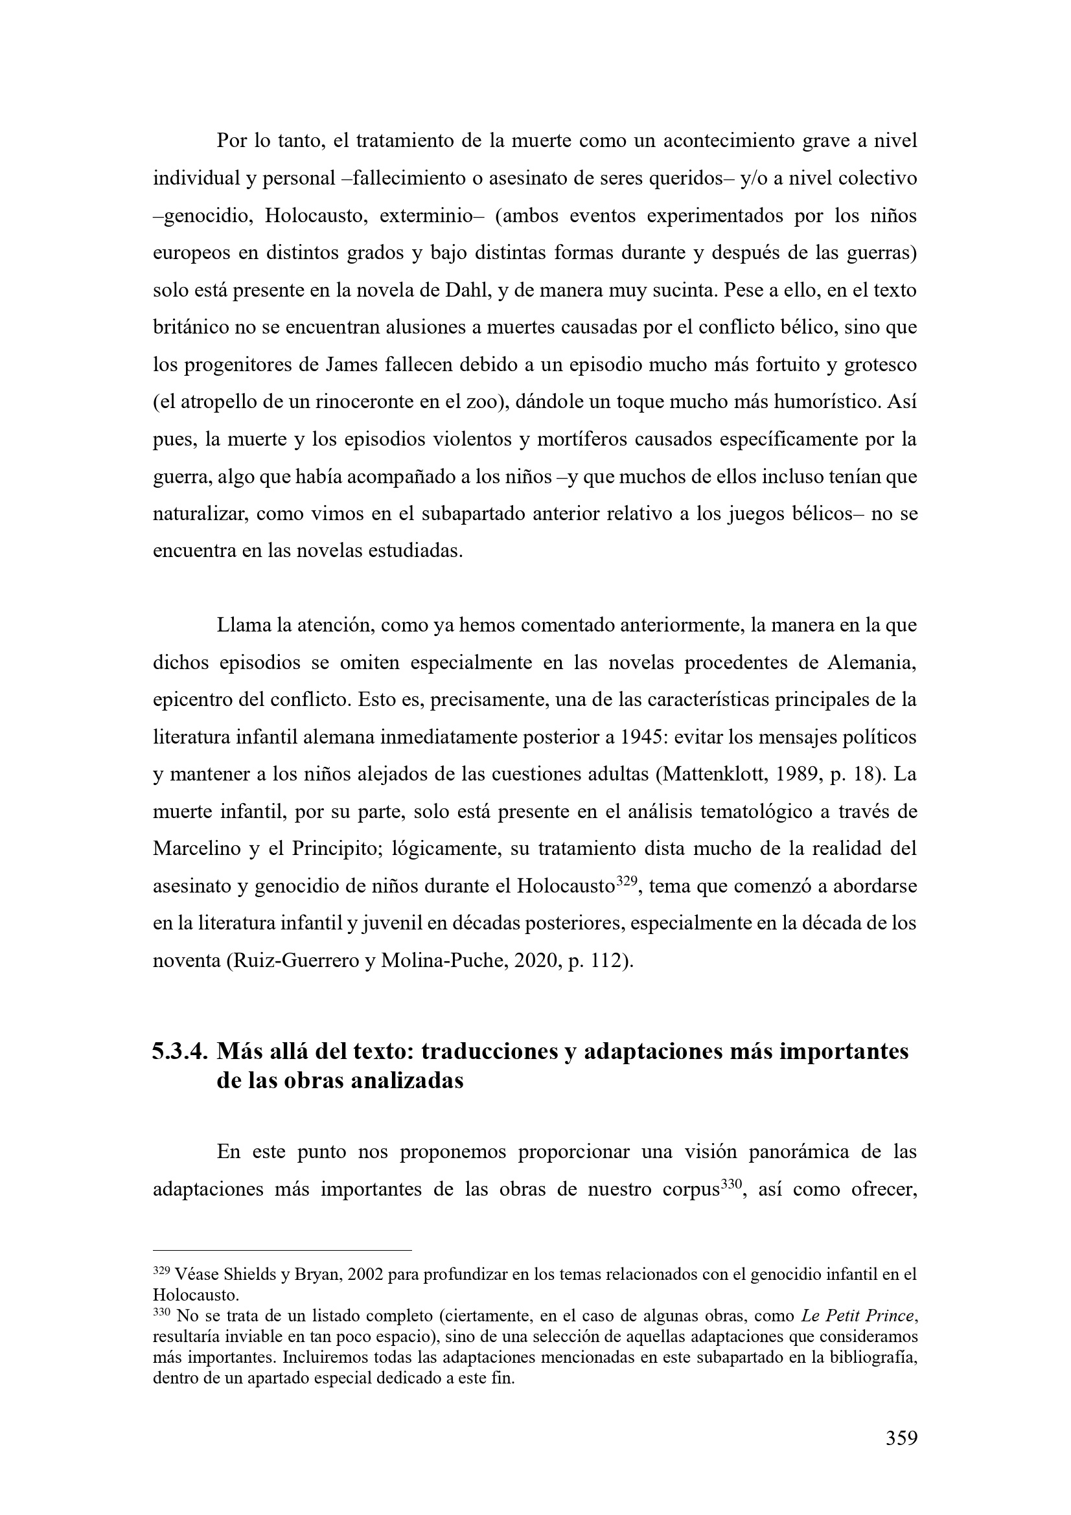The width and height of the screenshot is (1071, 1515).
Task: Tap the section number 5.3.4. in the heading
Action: (180, 1052)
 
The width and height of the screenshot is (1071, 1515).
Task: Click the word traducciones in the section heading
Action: (487, 1052)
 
